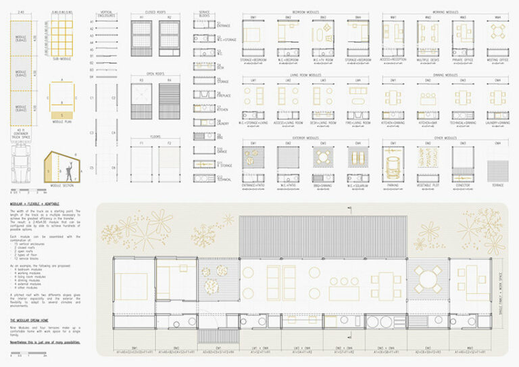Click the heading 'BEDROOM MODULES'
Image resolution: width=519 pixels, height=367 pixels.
click(304, 11)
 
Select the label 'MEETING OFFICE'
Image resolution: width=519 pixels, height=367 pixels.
click(498, 59)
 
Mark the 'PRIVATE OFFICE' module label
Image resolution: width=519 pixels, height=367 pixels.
click(463, 59)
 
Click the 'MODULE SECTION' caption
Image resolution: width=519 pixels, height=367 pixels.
click(65, 185)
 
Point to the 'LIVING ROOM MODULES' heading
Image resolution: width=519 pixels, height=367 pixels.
click(304, 74)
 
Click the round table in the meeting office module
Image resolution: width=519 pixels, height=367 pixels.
click(498, 32)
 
